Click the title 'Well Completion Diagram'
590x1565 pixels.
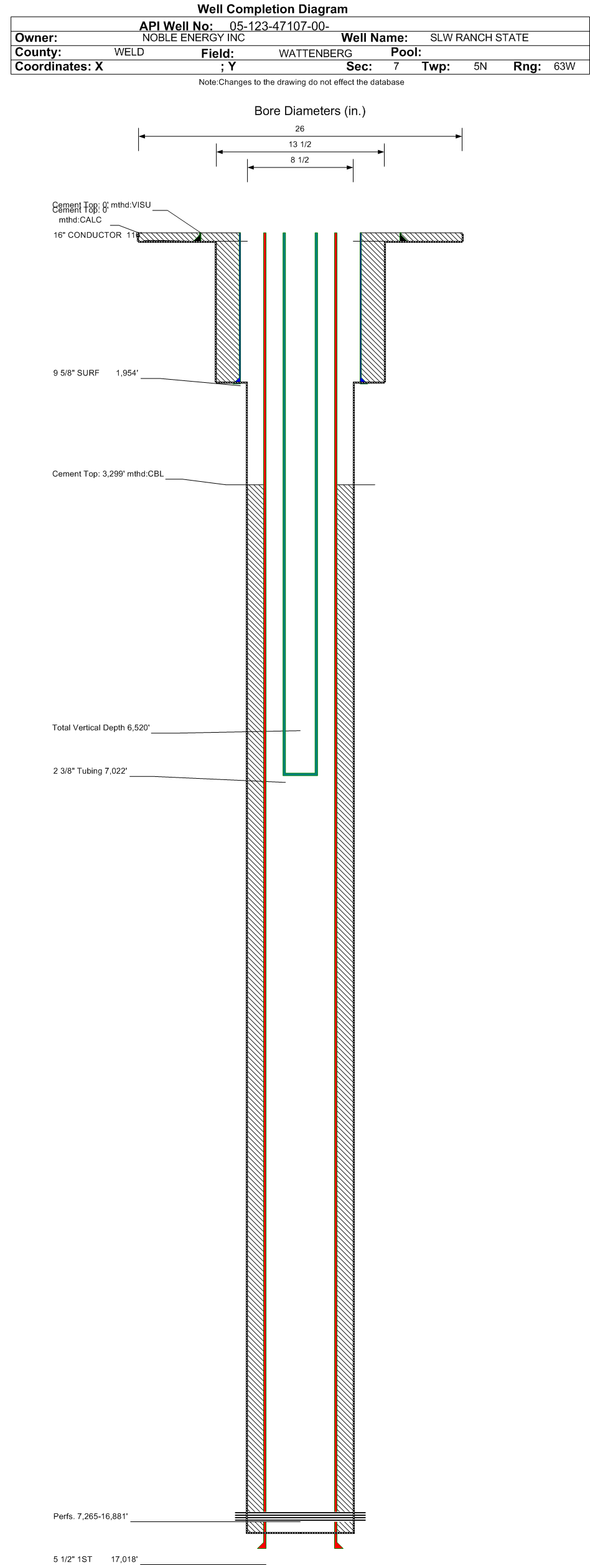point(273,9)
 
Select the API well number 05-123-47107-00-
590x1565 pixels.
point(279,26)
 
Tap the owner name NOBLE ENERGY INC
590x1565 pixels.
point(194,38)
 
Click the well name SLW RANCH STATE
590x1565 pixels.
point(479,38)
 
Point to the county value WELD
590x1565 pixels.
point(129,52)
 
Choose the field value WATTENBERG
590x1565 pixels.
point(315,54)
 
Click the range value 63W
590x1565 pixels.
point(564,67)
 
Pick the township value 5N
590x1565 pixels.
point(480,67)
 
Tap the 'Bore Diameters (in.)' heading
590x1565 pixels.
point(309,111)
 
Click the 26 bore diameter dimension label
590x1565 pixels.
point(299,129)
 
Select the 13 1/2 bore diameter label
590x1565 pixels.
point(299,144)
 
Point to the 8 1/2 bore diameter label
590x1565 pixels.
point(299,160)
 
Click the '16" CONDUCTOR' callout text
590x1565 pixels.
point(88,235)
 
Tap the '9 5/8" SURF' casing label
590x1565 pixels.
point(76,374)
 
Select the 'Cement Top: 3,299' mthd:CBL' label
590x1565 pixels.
point(108,474)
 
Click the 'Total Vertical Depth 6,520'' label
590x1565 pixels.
point(101,728)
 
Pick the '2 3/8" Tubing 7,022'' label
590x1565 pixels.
point(90,771)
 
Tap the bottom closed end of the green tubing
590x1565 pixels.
point(300,774)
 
